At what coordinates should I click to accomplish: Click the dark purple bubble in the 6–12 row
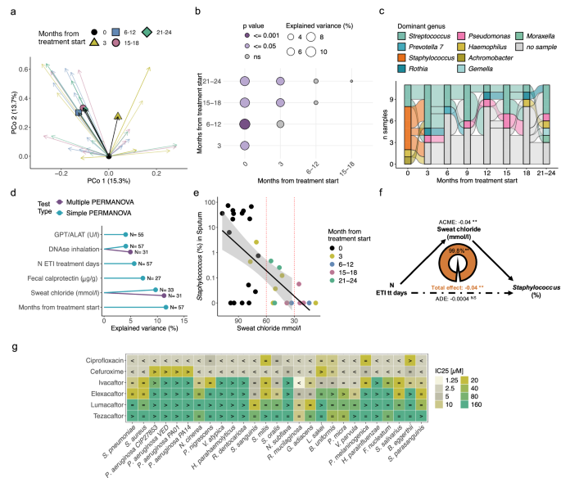coord(245,124)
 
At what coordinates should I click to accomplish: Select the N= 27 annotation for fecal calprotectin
coord(127,277)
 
